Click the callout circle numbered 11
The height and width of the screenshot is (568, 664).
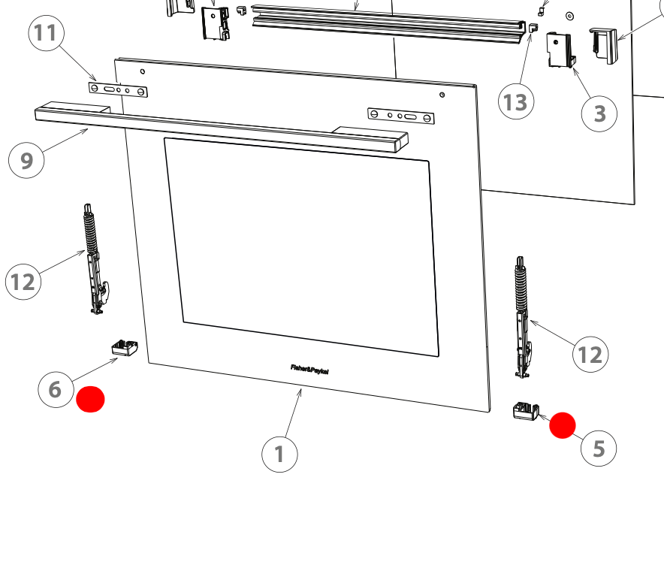[46, 34]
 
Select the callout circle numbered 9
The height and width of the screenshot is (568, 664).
[27, 161]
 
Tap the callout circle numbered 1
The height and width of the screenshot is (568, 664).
[279, 454]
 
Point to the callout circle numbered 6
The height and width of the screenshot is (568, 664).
[56, 389]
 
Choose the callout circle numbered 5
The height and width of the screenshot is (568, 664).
[599, 448]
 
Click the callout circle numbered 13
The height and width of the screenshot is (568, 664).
[516, 101]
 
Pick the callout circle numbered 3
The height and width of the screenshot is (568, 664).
[599, 113]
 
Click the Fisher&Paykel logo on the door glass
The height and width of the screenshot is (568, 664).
[309, 369]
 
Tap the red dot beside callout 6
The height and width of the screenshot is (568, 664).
[91, 399]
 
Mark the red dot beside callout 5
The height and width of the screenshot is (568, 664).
[563, 425]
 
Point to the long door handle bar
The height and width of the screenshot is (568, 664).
[222, 128]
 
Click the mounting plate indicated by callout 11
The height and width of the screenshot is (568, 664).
[118, 90]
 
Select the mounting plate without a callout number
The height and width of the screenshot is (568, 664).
[400, 116]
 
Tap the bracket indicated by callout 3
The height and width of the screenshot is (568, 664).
[560, 50]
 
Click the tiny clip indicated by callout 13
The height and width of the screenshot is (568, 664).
[533, 29]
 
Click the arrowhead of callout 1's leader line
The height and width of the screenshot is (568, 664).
[301, 390]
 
